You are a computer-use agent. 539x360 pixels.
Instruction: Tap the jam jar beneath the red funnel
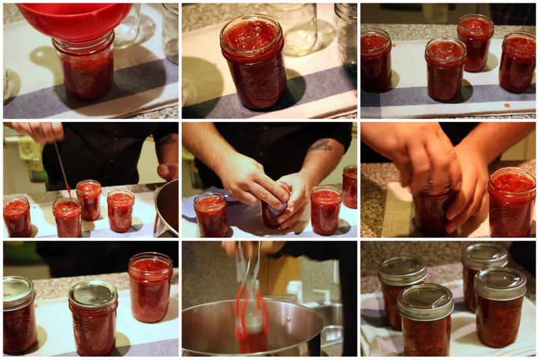[84, 67]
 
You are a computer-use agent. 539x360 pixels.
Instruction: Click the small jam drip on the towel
[506, 105]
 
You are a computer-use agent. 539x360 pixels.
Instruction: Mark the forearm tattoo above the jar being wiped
[321, 145]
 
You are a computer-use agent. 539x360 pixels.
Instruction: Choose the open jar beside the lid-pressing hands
[512, 202]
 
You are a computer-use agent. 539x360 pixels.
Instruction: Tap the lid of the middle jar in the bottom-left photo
[93, 293]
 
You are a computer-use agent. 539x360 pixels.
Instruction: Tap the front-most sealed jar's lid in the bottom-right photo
[424, 301]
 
